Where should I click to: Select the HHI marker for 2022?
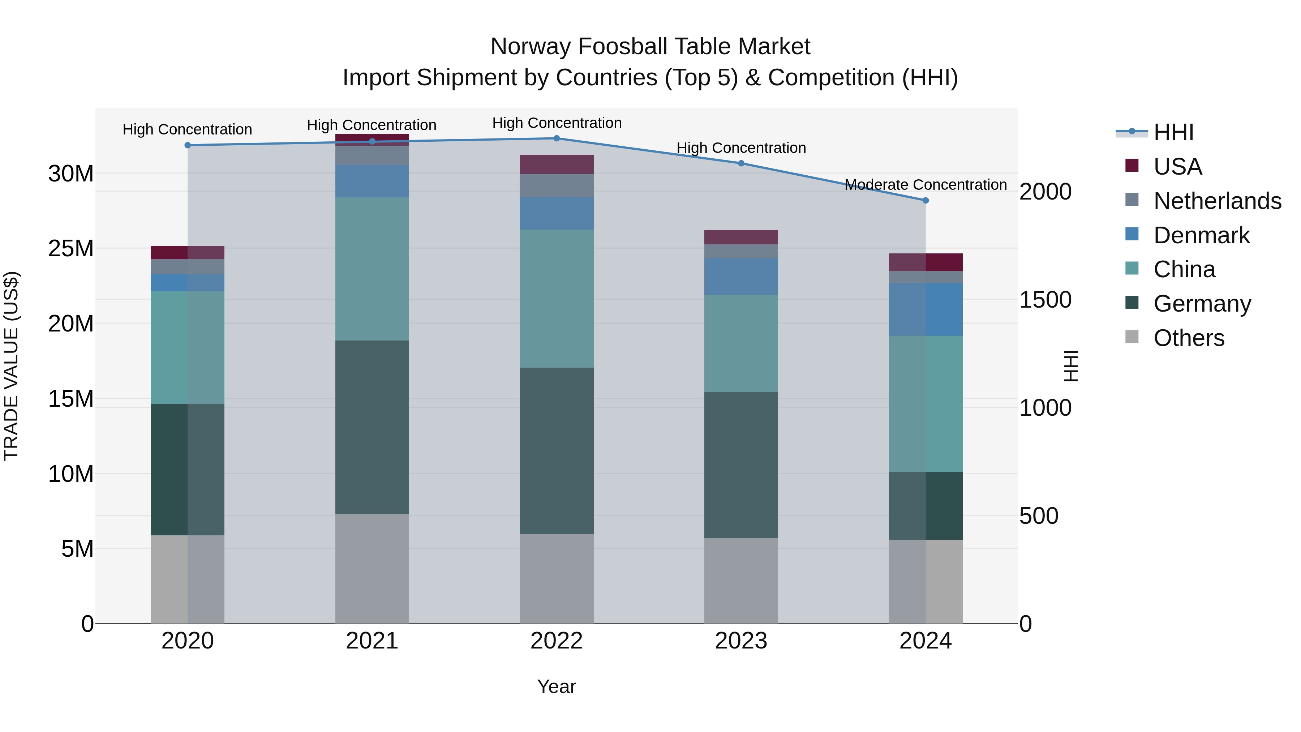557,138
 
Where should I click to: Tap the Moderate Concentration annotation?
925,185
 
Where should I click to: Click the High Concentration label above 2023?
741,148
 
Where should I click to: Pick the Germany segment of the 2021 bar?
372,427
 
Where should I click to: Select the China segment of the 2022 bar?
557,299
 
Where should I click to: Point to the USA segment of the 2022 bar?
557,164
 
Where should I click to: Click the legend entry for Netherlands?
1217,201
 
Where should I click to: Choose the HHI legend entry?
1173,132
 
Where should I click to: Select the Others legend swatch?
1132,337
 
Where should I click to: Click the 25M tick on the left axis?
71,249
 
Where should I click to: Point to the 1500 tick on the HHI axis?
1045,300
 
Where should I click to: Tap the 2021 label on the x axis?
372,641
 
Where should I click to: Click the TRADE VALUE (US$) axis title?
11,366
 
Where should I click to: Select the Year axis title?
557,686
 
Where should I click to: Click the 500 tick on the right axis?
1038,516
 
